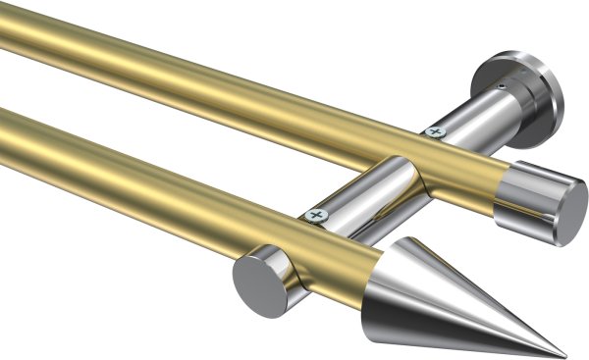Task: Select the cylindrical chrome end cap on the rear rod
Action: (535, 201)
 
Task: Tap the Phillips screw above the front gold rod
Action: (315, 214)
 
